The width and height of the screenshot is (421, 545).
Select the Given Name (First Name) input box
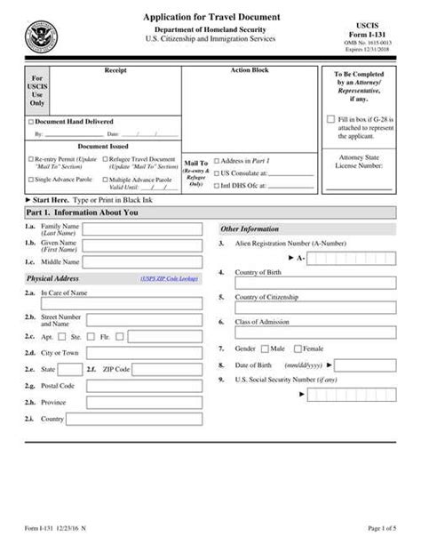(142, 245)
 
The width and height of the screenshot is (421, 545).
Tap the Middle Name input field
(142, 262)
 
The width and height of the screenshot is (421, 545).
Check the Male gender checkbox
(265, 349)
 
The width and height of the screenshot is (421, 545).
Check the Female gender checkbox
(298, 349)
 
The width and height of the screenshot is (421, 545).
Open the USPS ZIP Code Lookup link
(169, 278)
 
